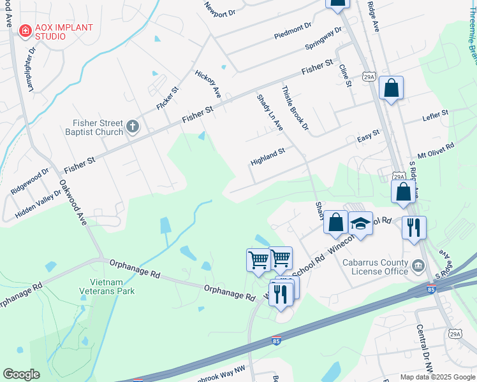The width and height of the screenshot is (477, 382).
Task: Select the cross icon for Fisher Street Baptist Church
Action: pos(133,126)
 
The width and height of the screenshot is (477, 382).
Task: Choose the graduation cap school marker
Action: pos(360,223)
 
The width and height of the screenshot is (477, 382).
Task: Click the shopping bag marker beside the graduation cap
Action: pos(335,222)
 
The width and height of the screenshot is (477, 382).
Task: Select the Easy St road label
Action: pos(368,136)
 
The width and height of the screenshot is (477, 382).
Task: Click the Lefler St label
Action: pos(436,117)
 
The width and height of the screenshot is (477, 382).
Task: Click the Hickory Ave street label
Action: pos(208,83)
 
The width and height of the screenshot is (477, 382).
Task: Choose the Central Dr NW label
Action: pos(425,347)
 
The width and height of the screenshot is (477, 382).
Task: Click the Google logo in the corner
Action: pos(22,374)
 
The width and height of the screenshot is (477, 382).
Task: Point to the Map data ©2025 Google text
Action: pos(436,377)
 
